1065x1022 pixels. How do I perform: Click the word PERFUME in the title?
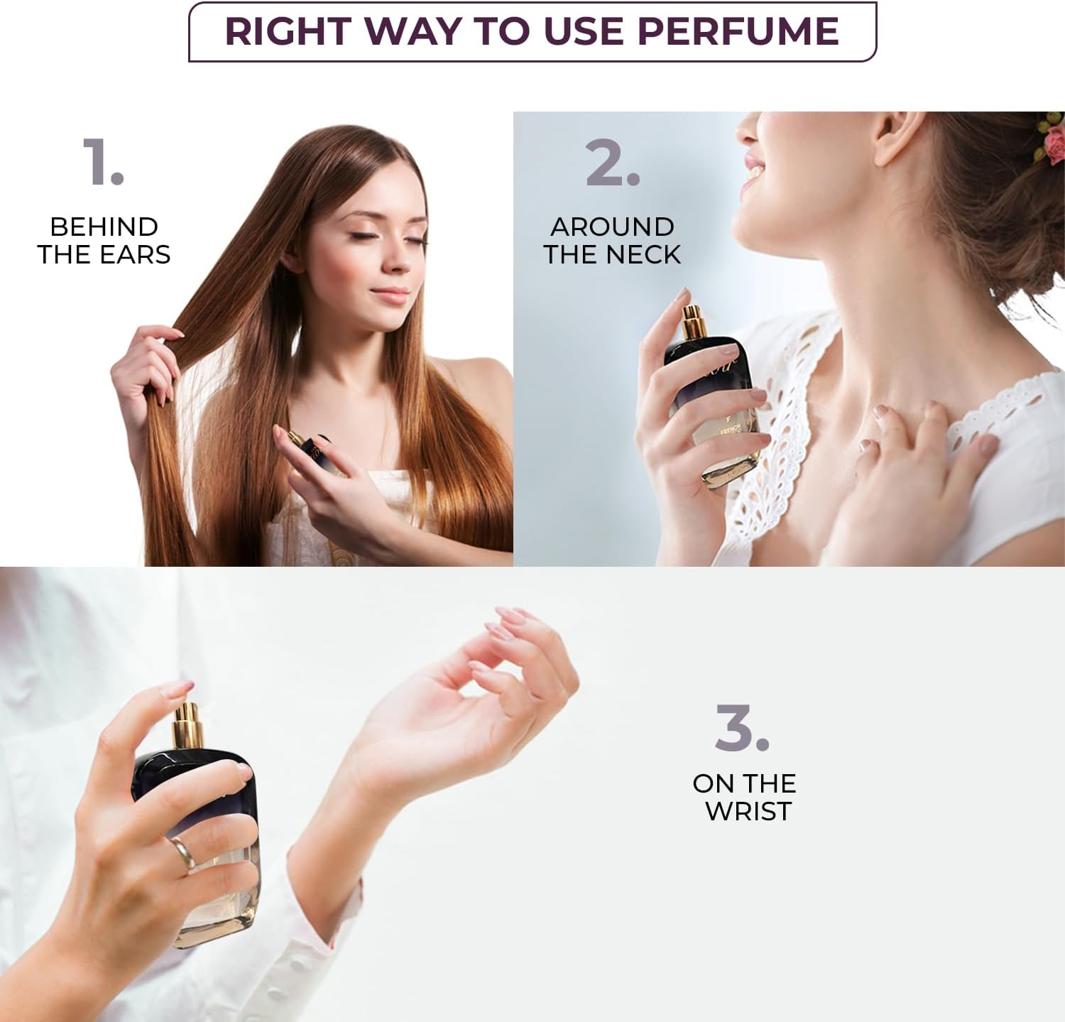click(x=738, y=31)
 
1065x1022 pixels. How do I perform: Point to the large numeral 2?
click(x=611, y=163)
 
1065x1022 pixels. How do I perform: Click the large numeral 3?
click(x=741, y=728)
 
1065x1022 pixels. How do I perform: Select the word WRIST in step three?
click(x=748, y=811)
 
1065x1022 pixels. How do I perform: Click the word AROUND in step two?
click(x=612, y=227)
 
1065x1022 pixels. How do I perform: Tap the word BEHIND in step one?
click(x=104, y=227)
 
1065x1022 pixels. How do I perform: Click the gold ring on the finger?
click(x=183, y=853)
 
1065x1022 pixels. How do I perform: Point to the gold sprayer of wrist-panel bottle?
click(x=187, y=724)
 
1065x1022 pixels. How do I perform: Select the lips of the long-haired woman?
click(x=391, y=293)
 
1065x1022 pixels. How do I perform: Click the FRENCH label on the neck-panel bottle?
click(x=731, y=430)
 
